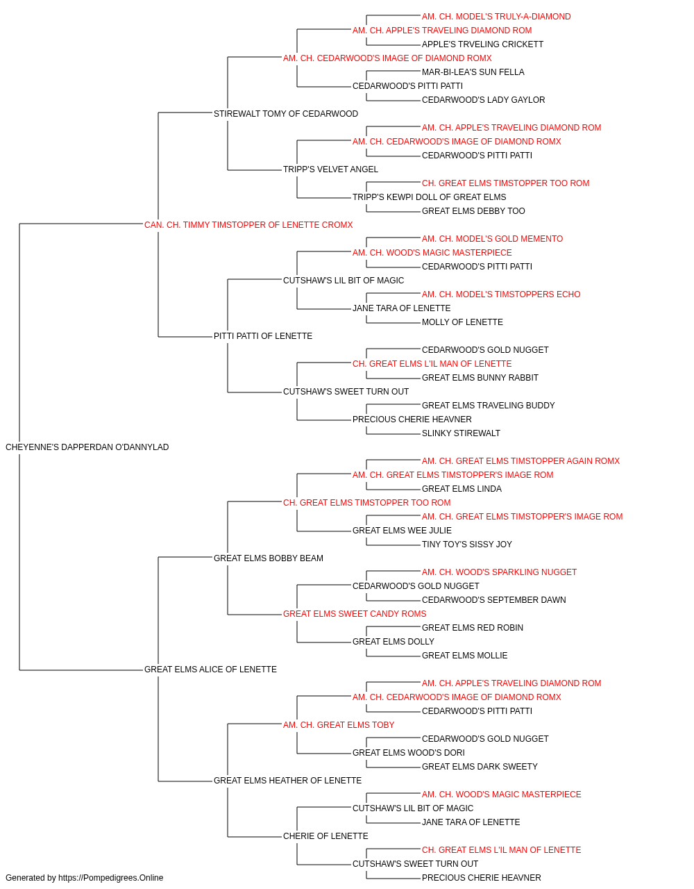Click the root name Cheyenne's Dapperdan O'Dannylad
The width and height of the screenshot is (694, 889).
coord(87,447)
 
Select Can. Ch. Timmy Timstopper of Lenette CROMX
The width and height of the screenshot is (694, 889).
coord(248,225)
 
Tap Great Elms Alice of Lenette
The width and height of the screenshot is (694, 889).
coord(210,670)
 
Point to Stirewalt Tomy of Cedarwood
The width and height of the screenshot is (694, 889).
coord(286,114)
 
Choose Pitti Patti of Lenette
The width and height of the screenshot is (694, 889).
coord(263,336)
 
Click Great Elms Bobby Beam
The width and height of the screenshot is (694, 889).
coord(269,558)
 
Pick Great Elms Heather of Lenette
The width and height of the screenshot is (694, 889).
coord(288,781)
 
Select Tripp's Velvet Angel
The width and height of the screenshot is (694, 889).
coord(330,169)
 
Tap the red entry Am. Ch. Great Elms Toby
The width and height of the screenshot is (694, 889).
coord(339,725)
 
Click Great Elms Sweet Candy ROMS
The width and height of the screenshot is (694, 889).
coord(355,614)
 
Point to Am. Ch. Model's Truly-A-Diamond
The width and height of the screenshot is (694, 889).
coord(496,17)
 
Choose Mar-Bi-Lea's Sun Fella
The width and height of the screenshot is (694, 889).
coord(473,72)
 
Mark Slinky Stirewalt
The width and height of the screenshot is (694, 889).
coord(461,433)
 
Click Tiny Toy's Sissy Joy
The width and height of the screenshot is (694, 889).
coord(467,545)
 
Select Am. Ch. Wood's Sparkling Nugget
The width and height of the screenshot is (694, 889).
coord(499,572)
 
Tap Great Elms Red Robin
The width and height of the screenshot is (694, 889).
coord(473,628)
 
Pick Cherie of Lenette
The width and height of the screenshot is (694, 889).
coord(325,836)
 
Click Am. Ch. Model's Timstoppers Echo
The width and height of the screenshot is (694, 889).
coord(501,294)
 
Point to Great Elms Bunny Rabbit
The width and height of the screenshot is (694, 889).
coord(480,378)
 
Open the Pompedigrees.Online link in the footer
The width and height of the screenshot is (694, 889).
coord(111,878)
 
